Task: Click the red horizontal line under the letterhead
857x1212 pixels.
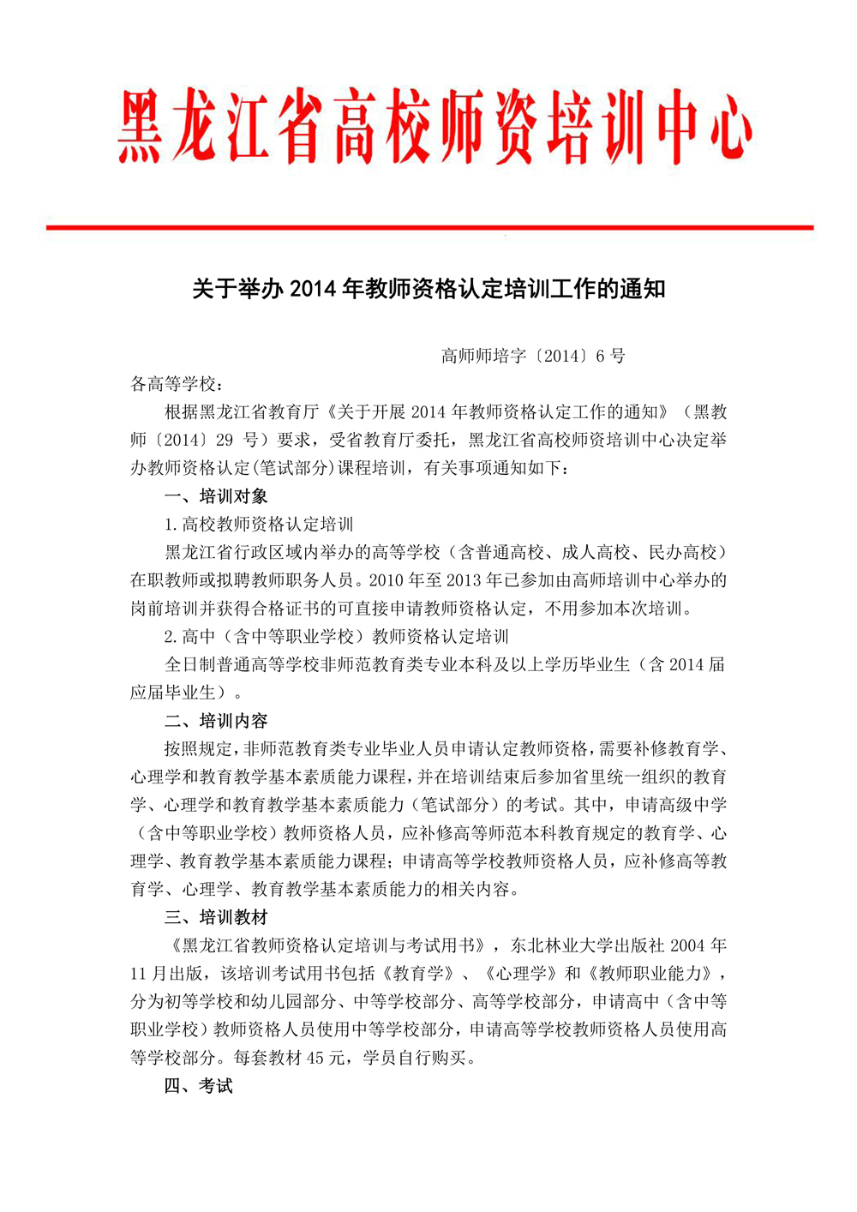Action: pyautogui.click(x=428, y=227)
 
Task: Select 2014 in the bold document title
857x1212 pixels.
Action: pyautogui.click(x=314, y=289)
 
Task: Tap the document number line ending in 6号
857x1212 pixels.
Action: pyautogui.click(x=533, y=356)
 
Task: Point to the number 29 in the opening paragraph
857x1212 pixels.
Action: pyautogui.click(x=225, y=441)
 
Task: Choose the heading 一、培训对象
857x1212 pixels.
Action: pyautogui.click(x=216, y=496)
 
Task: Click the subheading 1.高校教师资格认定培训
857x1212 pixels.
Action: pyautogui.click(x=259, y=525)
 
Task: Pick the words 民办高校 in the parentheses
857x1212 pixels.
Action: pyautogui.click(x=682, y=553)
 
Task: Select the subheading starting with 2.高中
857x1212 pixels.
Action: pyautogui.click(x=336, y=637)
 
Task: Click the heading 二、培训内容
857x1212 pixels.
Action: pyautogui.click(x=216, y=721)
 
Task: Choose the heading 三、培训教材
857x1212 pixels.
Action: pyautogui.click(x=216, y=917)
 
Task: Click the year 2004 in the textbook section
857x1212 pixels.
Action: pyautogui.click(x=687, y=945)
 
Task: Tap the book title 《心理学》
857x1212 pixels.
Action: pyautogui.click(x=517, y=974)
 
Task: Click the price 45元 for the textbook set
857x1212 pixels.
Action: pyautogui.click(x=325, y=1058)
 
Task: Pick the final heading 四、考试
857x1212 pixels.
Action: pyautogui.click(x=198, y=1086)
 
